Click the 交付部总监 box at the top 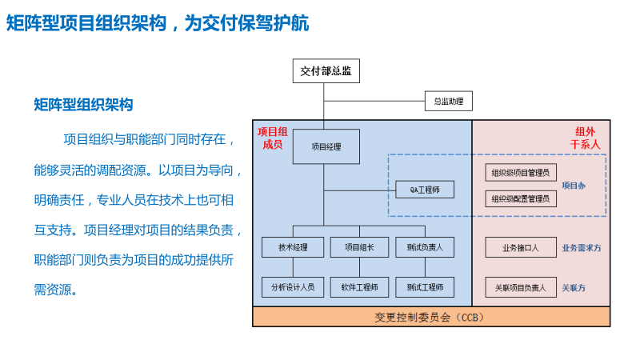pos(325,71)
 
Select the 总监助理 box pos(448,101)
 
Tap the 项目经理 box pos(325,146)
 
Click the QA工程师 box pos(425,190)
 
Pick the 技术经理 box pos(293,247)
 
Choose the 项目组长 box pos(359,247)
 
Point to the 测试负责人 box pos(425,247)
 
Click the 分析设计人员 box pos(293,286)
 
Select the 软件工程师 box pos(359,286)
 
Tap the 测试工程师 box pos(425,286)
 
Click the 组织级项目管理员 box pos(521,172)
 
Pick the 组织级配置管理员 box pos(521,198)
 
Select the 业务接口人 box pos(521,247)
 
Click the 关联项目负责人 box pos(521,286)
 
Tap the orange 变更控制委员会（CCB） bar pos(431,317)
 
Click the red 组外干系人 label pos(585,138)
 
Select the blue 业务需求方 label pos(582,248)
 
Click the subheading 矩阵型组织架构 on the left pos(83,105)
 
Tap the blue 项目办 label pos(573,186)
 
